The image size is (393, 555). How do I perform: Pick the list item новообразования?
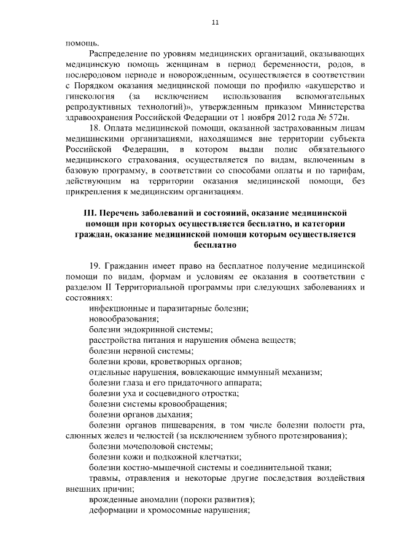[x=123, y=319]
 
